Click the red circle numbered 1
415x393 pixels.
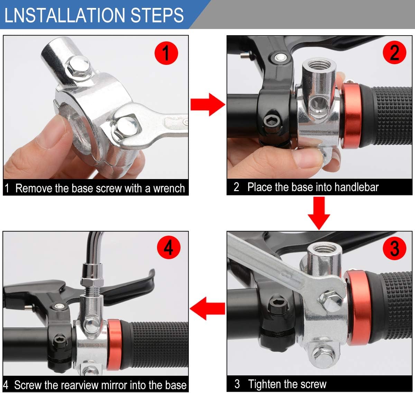pyautogui.click(x=166, y=53)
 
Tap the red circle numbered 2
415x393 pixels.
pyautogui.click(x=395, y=52)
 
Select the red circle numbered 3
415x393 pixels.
pyautogui.click(x=395, y=248)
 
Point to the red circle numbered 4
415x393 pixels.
pyautogui.click(x=169, y=247)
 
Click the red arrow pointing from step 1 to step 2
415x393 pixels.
pyautogui.click(x=208, y=105)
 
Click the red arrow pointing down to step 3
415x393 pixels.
pyautogui.click(x=319, y=213)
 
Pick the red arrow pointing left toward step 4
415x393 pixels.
pyautogui.click(x=207, y=308)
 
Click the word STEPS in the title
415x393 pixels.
pyautogui.click(x=157, y=15)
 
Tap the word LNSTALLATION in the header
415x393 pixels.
pyautogui.click(x=65, y=15)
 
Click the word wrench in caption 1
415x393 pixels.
pyautogui.click(x=169, y=188)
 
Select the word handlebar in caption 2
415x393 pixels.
pyautogui.click(x=357, y=187)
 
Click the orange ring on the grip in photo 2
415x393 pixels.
pyautogui.click(x=351, y=116)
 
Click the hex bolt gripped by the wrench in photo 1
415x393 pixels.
pyautogui.click(x=126, y=127)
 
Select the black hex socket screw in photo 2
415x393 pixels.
pyautogui.click(x=272, y=122)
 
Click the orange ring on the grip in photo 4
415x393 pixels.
pyautogui.click(x=114, y=345)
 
